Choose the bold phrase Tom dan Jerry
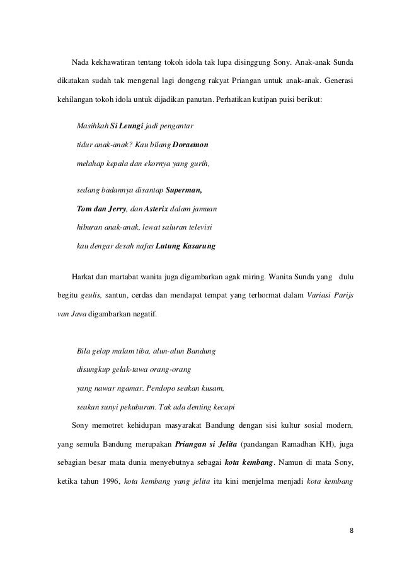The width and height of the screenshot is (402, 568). click(x=101, y=208)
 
